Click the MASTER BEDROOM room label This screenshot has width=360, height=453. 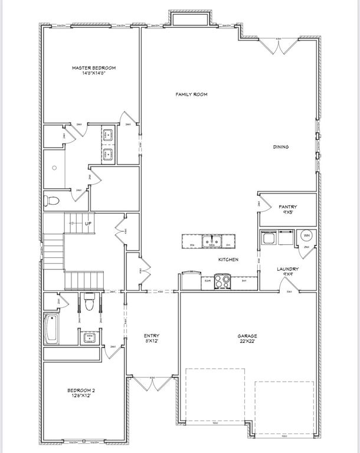(x=94, y=68)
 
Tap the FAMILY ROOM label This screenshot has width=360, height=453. (x=192, y=94)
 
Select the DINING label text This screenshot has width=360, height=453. (x=280, y=147)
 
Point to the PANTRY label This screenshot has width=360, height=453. (x=287, y=206)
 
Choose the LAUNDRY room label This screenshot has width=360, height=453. (x=288, y=269)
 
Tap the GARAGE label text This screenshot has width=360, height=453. (x=247, y=336)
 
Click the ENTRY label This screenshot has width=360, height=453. (x=152, y=336)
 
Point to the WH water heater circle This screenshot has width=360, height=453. (x=306, y=235)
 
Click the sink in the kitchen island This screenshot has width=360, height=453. (x=211, y=240)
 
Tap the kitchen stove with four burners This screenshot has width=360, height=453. (x=222, y=281)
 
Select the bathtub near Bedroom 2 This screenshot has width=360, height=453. (x=51, y=329)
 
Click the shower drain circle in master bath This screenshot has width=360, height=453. (x=54, y=168)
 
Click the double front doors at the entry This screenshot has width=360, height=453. (x=152, y=384)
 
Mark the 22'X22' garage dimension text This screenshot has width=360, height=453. (x=247, y=343)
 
